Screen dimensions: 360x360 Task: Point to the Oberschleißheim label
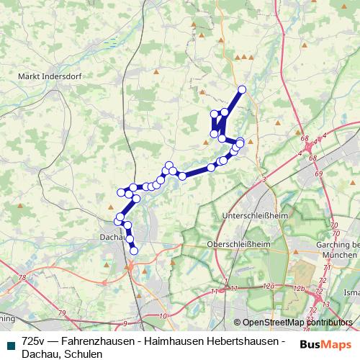click(238, 245)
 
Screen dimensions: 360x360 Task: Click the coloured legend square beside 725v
click(9, 341)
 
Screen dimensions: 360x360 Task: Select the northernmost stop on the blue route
click(242, 89)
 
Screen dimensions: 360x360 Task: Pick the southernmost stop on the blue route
click(134, 251)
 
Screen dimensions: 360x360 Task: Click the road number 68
click(305, 138)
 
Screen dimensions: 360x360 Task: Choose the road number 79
click(62, 312)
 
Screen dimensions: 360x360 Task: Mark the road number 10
click(163, 316)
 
